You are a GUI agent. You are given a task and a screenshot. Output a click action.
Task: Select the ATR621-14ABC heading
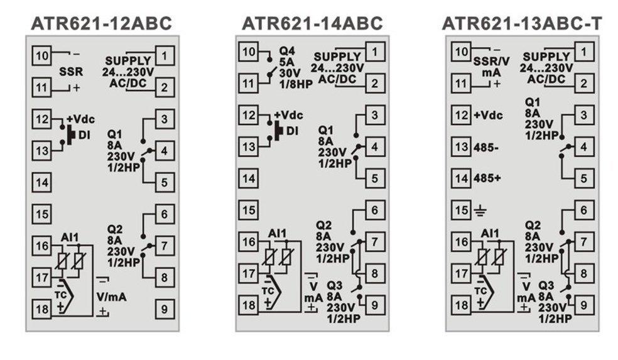[x=312, y=23]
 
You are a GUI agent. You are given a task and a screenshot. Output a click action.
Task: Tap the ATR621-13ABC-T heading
[x=522, y=23]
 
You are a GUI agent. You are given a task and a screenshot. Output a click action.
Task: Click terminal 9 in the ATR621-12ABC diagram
[x=165, y=308]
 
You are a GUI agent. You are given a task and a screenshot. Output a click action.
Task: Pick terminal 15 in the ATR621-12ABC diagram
[x=42, y=214]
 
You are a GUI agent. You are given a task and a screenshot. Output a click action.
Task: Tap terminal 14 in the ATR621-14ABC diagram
[x=249, y=178]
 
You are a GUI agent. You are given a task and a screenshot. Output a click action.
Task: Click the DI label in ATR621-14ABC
[x=292, y=131]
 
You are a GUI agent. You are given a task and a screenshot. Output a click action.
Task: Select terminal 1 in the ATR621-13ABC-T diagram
[x=584, y=51]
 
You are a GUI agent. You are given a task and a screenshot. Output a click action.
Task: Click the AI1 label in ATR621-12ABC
[x=70, y=236]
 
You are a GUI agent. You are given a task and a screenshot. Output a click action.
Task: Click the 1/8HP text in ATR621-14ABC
[x=291, y=82]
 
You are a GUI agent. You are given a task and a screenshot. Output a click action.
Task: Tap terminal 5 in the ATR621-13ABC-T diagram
[x=584, y=178]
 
